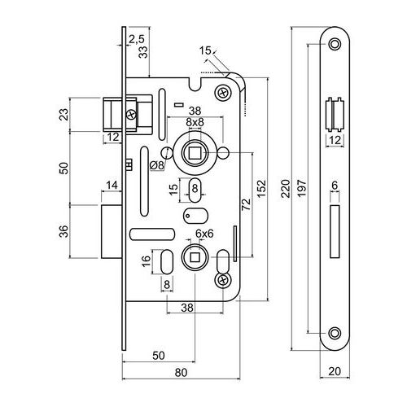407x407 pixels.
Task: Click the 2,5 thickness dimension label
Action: (x=137, y=39)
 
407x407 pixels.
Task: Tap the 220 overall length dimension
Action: (x=286, y=188)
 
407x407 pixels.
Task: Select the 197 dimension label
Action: (x=302, y=188)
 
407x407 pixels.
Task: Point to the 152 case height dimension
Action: (x=261, y=188)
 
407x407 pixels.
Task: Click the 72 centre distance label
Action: (x=246, y=204)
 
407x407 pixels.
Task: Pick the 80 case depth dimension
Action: (x=181, y=373)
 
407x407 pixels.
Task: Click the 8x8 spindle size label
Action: (x=195, y=122)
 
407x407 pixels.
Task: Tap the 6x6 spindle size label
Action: (x=204, y=234)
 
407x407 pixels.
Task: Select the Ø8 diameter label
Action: (x=157, y=165)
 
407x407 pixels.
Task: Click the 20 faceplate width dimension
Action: (x=335, y=371)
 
